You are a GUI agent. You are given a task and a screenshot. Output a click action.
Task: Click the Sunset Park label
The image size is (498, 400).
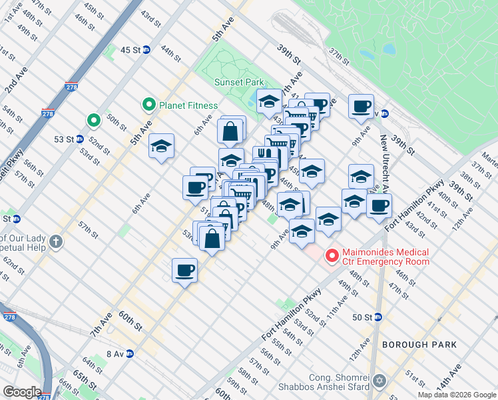click(239, 83)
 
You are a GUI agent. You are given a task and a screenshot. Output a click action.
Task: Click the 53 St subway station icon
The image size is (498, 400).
click(79, 139)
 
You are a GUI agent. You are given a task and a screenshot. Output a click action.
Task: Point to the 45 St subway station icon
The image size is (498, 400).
click(146, 49)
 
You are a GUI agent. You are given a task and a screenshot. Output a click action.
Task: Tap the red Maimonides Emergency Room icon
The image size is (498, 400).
click(330, 255)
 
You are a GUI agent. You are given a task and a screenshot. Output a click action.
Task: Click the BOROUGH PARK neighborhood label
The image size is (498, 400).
click(419, 345)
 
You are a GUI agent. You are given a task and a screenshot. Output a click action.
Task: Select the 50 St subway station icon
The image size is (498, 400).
click(377, 317)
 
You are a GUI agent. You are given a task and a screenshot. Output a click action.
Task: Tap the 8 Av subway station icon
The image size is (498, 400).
click(130, 354)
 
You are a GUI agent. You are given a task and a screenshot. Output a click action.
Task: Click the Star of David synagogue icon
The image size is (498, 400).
click(380, 381)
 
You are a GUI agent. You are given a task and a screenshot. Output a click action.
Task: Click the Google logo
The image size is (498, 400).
click(22, 392)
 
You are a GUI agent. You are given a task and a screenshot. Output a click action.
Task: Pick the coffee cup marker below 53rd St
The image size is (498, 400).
click(184, 270)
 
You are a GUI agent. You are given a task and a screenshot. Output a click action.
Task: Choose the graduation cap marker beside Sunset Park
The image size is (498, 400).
click(269, 101)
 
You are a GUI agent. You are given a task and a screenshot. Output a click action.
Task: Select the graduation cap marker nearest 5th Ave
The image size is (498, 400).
click(161, 146)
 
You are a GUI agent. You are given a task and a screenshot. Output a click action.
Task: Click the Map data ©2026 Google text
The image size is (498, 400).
click(457, 395)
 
